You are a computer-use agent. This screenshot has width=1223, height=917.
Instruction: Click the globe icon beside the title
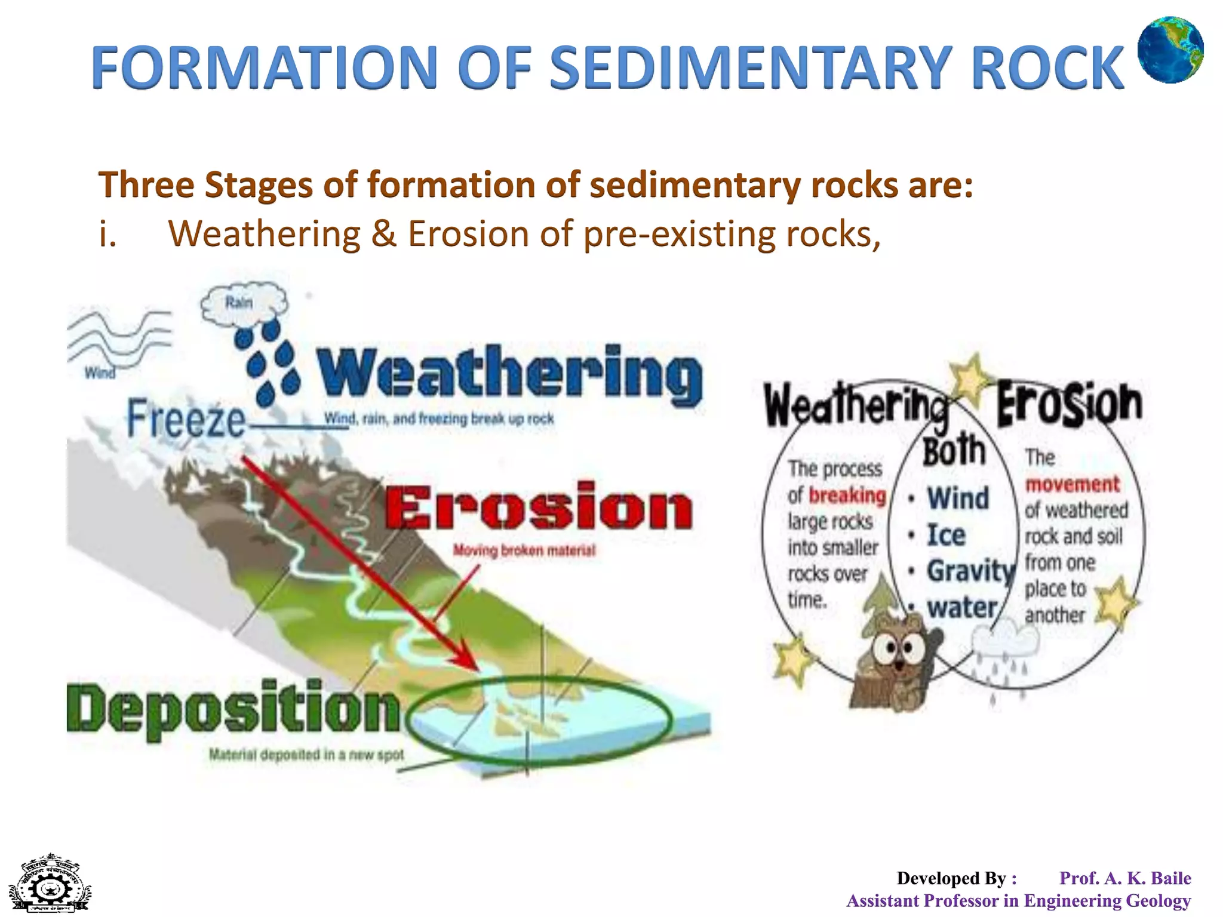[1170, 50]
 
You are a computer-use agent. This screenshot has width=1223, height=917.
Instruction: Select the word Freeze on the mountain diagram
[186, 419]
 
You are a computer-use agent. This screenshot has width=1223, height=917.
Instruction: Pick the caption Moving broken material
[524, 550]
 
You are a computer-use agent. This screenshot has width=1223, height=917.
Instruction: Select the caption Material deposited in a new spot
[306, 755]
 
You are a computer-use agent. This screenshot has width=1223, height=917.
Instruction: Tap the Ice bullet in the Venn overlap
[945, 535]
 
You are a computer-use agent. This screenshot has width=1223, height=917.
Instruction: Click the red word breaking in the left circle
[847, 496]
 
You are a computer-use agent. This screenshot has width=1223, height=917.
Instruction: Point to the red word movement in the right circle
[1072, 484]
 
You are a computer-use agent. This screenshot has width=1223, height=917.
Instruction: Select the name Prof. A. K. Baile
[1124, 878]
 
